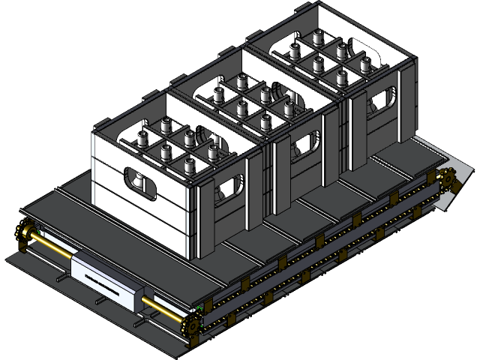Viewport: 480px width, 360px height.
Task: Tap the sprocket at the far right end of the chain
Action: click(x=448, y=180)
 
